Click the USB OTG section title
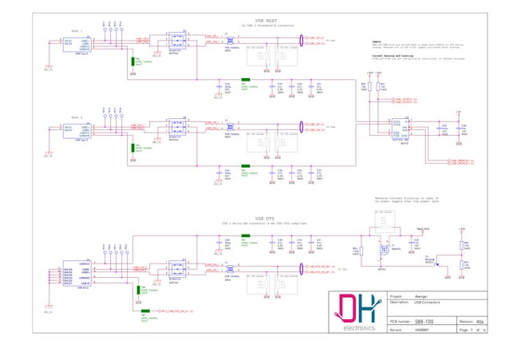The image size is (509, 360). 264,219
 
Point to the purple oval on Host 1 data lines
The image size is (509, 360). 302,40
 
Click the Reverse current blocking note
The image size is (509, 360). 402,197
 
